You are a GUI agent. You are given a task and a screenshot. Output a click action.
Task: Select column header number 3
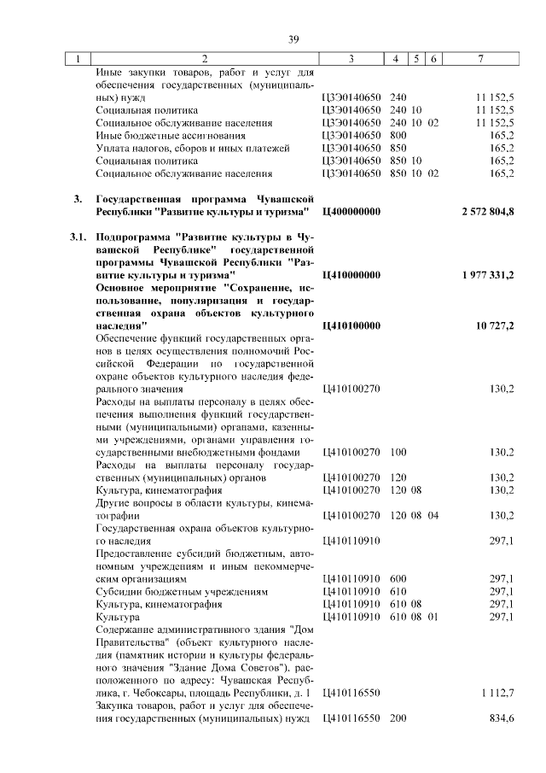[x=351, y=59]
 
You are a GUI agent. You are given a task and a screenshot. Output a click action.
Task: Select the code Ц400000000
[x=351, y=211]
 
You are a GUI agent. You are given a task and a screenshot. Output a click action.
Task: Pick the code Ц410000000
[x=351, y=276]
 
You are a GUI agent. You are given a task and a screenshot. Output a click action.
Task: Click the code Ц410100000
[x=351, y=325]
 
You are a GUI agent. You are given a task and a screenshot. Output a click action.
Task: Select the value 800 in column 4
[x=398, y=135]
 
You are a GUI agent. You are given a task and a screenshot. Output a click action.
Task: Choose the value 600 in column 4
[x=398, y=578]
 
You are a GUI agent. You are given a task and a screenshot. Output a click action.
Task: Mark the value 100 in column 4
[x=398, y=452]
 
